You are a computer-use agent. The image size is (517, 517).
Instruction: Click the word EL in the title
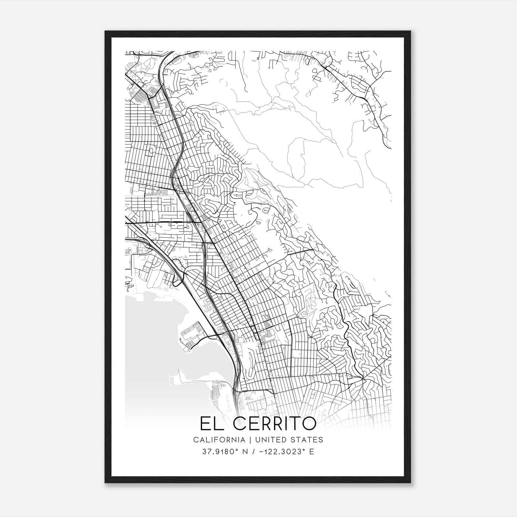point(211,424)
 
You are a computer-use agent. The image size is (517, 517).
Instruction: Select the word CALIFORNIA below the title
point(219,440)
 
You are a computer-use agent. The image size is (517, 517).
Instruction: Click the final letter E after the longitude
point(312,452)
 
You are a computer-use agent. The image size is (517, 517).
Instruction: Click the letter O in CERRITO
point(308,424)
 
